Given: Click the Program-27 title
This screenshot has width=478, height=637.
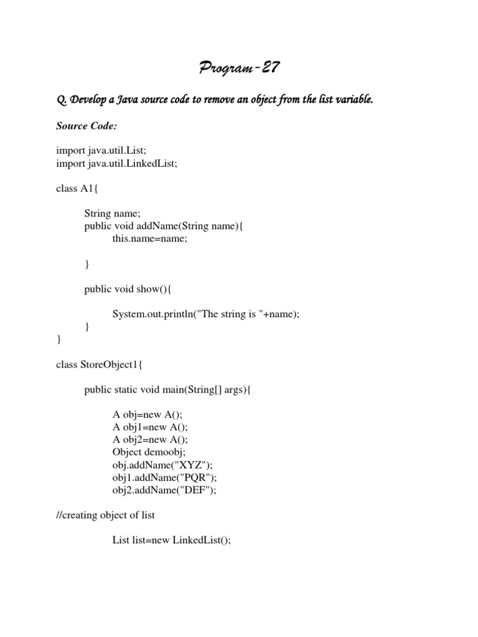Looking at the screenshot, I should pyautogui.click(x=239, y=68).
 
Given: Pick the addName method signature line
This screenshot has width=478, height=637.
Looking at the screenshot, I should pyautogui.click(x=164, y=226).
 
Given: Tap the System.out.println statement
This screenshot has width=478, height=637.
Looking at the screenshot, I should pyautogui.click(x=205, y=314).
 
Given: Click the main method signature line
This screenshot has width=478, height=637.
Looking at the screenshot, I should pyautogui.click(x=169, y=390).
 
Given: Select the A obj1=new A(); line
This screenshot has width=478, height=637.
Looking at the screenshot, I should pyautogui.click(x=150, y=427).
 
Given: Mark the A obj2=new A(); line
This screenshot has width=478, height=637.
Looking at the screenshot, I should pyautogui.click(x=150, y=440).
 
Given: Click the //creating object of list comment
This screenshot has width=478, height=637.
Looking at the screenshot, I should pyautogui.click(x=105, y=515).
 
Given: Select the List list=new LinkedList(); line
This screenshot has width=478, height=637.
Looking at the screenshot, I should pyautogui.click(x=171, y=541).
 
